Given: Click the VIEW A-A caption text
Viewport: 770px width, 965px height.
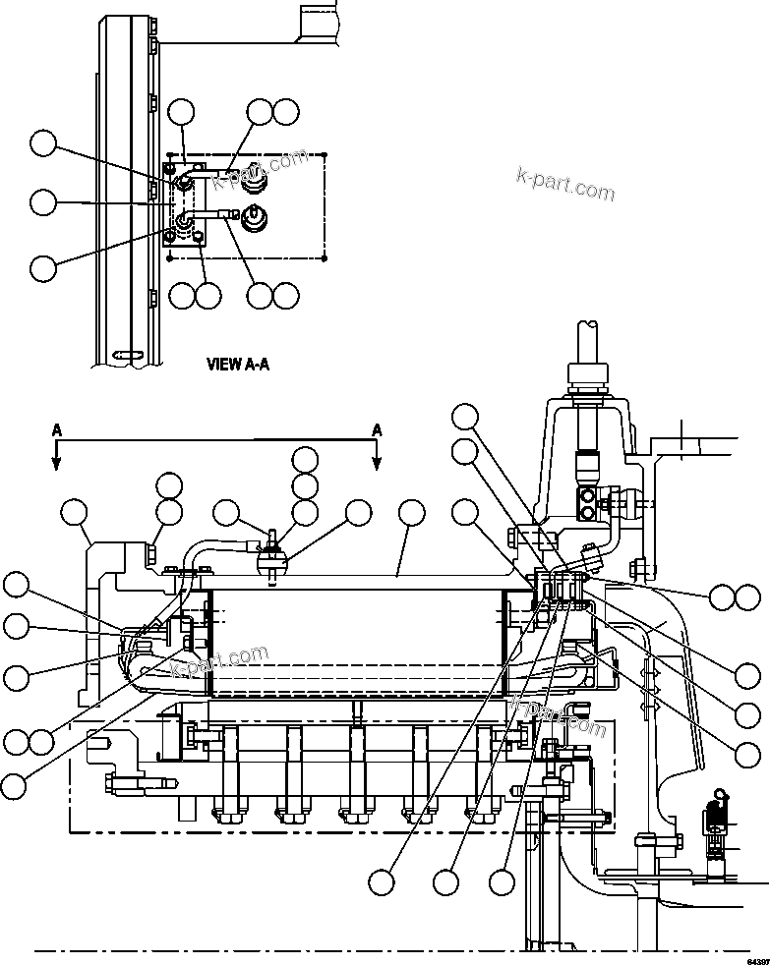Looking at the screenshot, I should tap(237, 364).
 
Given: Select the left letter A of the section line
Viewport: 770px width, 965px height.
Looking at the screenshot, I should tap(57, 429).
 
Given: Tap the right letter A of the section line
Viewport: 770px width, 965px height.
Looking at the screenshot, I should tap(376, 429).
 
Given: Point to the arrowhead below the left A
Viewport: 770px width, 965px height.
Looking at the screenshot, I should tap(57, 461).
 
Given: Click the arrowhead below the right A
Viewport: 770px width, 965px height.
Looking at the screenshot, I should tap(376, 461).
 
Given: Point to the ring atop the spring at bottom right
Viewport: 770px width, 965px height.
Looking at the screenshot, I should tap(719, 793).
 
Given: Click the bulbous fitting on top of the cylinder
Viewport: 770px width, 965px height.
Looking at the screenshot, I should tap(271, 560).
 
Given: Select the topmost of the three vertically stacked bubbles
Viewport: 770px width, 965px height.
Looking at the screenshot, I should tap(305, 459).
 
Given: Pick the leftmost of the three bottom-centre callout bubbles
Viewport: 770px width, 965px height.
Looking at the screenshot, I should tap(384, 882).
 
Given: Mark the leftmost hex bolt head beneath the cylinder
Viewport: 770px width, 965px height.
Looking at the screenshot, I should tap(224, 814).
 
